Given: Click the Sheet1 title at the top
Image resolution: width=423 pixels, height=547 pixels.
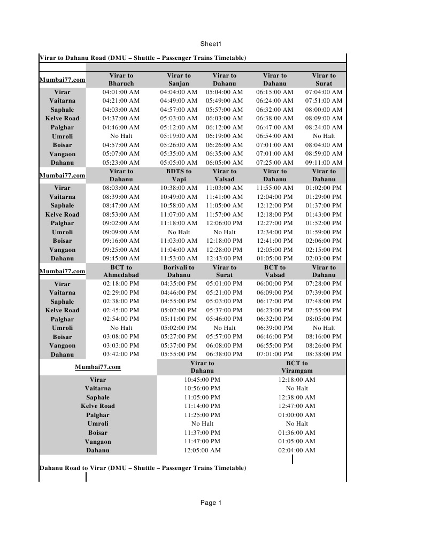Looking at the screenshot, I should point(211,44).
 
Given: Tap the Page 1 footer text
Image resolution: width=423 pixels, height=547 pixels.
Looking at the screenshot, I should point(211,503).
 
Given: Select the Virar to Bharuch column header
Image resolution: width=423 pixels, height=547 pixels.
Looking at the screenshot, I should point(121,80).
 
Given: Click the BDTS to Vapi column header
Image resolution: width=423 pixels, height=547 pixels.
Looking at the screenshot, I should point(179,175).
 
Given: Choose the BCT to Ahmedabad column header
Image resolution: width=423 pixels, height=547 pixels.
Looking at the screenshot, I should point(121,271).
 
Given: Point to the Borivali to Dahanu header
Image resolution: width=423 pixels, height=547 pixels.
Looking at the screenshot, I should point(179,271).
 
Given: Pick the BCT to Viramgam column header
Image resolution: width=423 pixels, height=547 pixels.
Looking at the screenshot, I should point(297,367).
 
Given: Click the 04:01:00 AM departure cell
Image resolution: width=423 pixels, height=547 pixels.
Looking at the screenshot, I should point(121,92).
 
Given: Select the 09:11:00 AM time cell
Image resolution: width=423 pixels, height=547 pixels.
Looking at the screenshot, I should point(324,163).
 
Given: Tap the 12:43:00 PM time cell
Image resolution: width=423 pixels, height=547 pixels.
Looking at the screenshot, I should point(224,258).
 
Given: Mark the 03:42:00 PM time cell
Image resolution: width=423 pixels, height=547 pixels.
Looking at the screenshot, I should point(121,354).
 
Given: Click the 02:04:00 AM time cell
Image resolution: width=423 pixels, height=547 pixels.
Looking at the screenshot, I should point(297,450).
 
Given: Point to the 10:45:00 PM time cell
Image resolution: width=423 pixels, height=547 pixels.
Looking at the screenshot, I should point(202,380).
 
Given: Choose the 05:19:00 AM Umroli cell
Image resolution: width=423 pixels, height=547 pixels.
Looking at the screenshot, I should point(179,136).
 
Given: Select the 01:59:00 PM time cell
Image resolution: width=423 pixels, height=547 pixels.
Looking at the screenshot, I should point(324,232).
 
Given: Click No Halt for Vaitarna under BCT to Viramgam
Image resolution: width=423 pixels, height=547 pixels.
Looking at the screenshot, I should point(297,389).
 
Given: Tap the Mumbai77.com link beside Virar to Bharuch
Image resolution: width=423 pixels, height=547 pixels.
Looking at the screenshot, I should point(62,80).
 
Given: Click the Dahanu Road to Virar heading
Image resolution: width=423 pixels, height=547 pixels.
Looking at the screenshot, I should point(143,468).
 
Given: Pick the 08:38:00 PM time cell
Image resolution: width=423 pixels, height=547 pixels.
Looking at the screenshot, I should point(324,354).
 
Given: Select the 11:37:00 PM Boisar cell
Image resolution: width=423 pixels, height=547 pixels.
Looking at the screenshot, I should point(202,433).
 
